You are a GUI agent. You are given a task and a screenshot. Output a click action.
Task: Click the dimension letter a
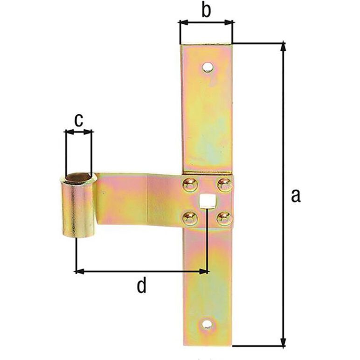pos(296,196)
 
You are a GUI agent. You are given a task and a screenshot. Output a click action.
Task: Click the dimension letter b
pos(206,10)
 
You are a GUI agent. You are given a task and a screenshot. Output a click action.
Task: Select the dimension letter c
pos(78,120)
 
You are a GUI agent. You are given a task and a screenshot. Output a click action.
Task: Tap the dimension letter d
pos(141,285)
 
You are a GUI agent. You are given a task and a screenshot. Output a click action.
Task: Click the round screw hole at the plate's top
pos(208,67)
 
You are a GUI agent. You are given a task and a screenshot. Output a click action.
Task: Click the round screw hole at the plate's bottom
pos(207,325)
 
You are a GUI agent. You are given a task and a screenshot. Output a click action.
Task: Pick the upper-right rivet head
pos(224,185)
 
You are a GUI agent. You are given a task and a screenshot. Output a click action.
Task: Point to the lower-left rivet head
pos(190,218)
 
